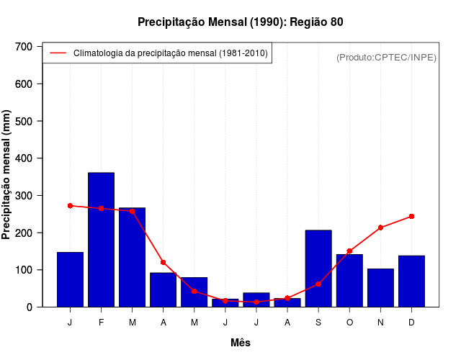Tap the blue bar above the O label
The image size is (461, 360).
pyautogui.click(x=349, y=280)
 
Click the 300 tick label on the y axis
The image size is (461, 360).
pyautogui.click(x=24, y=196)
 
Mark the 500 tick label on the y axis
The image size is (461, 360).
pyautogui.click(x=24, y=121)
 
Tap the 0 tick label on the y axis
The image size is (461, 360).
pyautogui.click(x=30, y=307)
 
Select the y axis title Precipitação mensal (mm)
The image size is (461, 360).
pyautogui.click(x=7, y=175)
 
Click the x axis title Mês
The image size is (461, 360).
pyautogui.click(x=241, y=343)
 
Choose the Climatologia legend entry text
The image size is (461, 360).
pyautogui.click(x=171, y=53)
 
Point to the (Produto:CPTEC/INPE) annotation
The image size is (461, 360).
pyautogui.click(x=386, y=57)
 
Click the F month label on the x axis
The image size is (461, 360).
pyautogui.click(x=101, y=323)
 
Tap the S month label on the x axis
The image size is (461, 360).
pyautogui.click(x=318, y=323)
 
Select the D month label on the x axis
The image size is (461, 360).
pyautogui.click(x=411, y=323)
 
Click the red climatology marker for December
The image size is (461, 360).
pyautogui.click(x=411, y=216)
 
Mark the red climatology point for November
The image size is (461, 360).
pyautogui.click(x=380, y=228)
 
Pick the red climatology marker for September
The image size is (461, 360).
pyautogui.click(x=318, y=284)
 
